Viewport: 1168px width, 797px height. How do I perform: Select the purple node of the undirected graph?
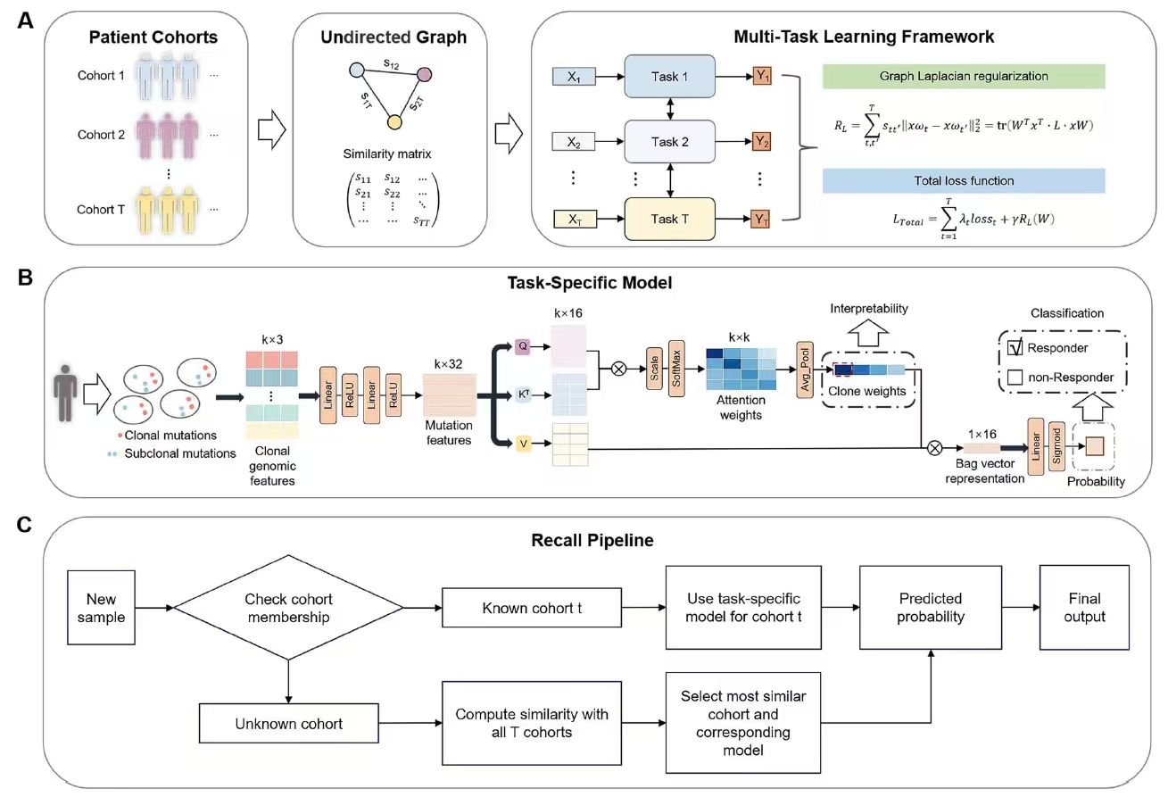(425, 72)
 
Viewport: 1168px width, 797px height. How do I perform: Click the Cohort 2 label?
(101, 135)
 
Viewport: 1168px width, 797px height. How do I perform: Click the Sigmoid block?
(1057, 444)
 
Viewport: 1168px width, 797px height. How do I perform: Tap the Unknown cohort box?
(288, 723)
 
